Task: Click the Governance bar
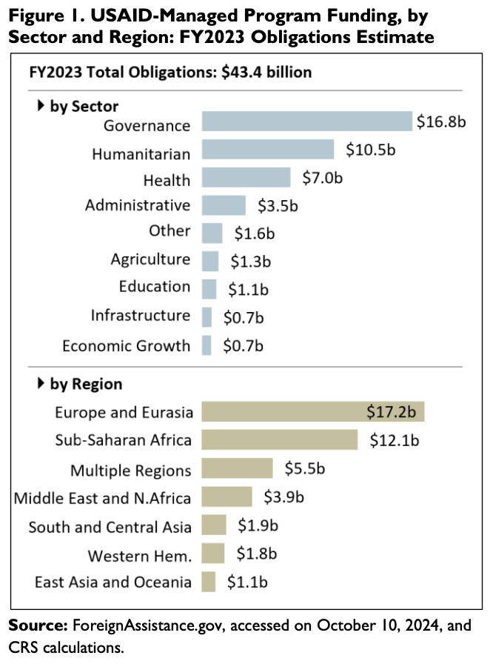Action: tap(306, 122)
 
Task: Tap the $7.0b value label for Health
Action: tap(323, 178)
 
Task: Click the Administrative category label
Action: tap(137, 205)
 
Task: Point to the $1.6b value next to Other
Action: tap(254, 233)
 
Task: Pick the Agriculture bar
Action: tap(210, 261)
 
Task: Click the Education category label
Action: tap(154, 287)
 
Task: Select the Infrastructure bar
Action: tap(207, 317)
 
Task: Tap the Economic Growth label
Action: tap(126, 345)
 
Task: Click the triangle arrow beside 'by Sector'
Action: tap(41, 106)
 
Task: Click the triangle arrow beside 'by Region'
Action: tap(41, 384)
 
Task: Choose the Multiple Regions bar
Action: tap(237, 468)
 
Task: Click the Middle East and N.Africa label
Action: tap(102, 497)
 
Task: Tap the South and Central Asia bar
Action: tap(214, 525)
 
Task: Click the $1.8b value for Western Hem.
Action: tap(256, 553)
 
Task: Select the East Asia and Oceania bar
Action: tap(209, 582)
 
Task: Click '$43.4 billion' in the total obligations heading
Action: tap(266, 72)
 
